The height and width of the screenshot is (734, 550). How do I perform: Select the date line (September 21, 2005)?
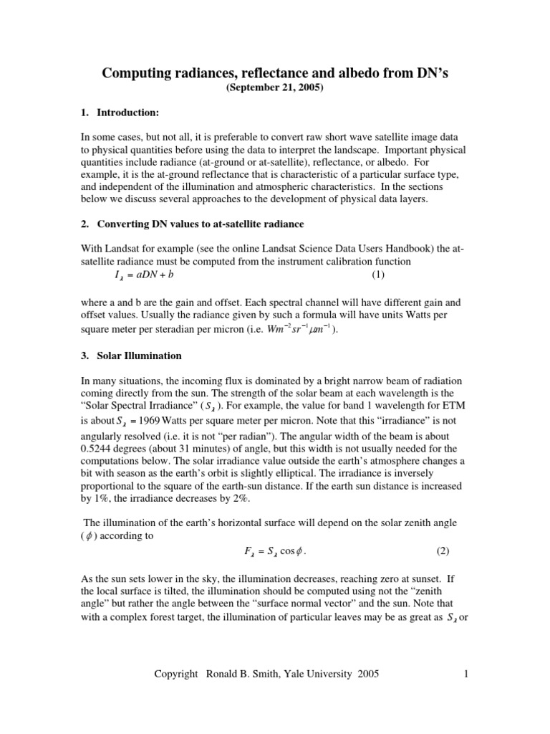(x=275, y=89)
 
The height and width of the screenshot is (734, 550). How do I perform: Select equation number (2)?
(x=443, y=552)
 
